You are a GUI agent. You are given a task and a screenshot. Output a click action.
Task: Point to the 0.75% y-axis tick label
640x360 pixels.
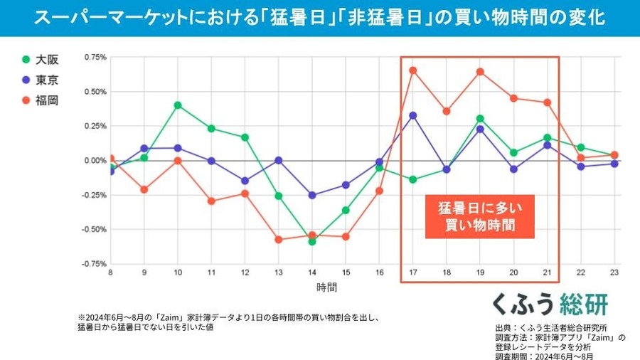[x=95, y=57]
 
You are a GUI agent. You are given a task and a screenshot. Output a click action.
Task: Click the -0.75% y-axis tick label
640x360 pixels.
[x=93, y=264]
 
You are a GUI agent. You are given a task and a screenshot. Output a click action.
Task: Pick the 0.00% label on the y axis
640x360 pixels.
[x=95, y=161]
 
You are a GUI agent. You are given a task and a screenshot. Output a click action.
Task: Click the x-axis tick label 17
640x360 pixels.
[x=412, y=272]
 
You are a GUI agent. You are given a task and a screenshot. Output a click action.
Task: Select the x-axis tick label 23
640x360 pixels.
[x=614, y=272]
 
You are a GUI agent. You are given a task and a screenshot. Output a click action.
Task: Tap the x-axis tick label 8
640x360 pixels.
[x=110, y=272]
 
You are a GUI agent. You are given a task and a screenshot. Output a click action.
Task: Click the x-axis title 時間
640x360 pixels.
[x=327, y=287]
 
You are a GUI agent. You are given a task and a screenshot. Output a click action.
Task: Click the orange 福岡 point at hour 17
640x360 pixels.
[x=412, y=70]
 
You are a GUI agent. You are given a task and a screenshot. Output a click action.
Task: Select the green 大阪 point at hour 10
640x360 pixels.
[x=178, y=105]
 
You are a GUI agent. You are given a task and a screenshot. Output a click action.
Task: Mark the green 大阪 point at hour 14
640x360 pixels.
[x=312, y=241]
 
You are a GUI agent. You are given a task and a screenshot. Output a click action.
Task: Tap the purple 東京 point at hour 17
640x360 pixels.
[x=412, y=115]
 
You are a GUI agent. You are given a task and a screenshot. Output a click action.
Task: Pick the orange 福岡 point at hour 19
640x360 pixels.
[x=480, y=71]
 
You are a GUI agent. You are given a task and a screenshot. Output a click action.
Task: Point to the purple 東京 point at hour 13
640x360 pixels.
[x=279, y=160]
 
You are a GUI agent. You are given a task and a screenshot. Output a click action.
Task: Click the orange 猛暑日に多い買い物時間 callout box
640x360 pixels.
[x=479, y=217]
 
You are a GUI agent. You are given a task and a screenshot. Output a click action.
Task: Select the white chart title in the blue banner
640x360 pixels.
[x=320, y=18]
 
